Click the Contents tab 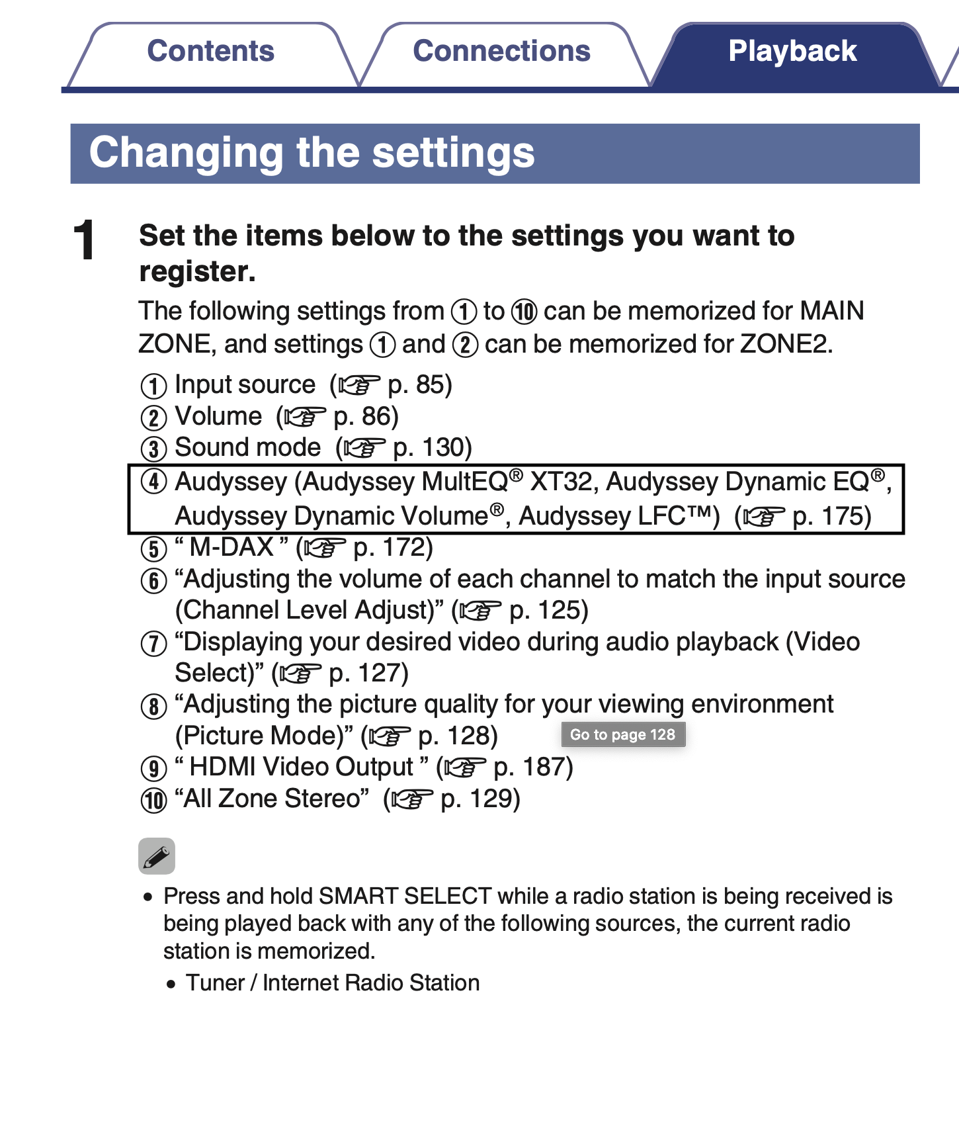210,52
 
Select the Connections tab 501,52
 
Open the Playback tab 792,52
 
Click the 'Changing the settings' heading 312,153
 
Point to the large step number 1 85,240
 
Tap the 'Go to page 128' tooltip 622,734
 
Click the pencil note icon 157,856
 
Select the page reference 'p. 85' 419,384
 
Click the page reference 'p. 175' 831,516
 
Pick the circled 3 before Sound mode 153,449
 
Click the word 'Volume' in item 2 218,416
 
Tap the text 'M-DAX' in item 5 231,547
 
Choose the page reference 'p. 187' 532,767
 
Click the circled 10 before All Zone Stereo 153,800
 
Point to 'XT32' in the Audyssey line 563,482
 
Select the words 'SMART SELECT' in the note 405,896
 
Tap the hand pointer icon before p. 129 411,799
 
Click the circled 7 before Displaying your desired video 153,643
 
